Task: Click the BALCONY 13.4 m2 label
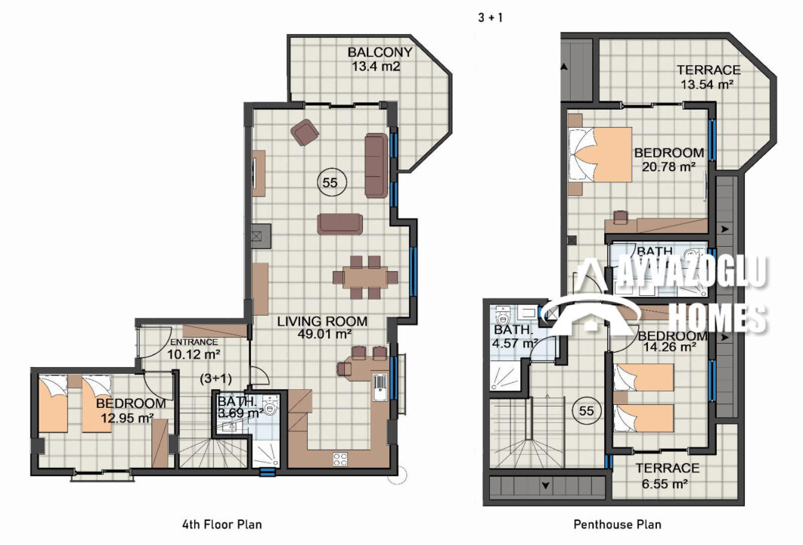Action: pyautogui.click(x=380, y=59)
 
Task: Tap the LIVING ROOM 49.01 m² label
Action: pyautogui.click(x=322, y=328)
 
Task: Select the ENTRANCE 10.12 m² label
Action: pyautogui.click(x=194, y=349)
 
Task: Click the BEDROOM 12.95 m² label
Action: pyautogui.click(x=130, y=411)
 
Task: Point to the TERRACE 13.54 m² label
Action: pyautogui.click(x=708, y=77)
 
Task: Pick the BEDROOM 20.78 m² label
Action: pyautogui.click(x=669, y=160)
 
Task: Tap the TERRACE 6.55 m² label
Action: pyautogui.click(x=667, y=476)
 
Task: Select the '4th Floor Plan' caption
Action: pyautogui.click(x=222, y=525)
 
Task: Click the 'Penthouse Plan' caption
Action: pyautogui.click(x=617, y=525)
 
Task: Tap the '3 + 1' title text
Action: pyautogui.click(x=490, y=17)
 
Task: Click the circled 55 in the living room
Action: pyautogui.click(x=330, y=182)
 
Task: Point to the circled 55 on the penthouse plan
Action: pyautogui.click(x=586, y=411)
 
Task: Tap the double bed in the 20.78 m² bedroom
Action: pyautogui.click(x=600, y=155)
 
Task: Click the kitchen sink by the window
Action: pyautogui.click(x=380, y=387)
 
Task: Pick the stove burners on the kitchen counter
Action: pyautogui.click(x=340, y=459)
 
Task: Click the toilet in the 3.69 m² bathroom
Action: pyautogui.click(x=269, y=406)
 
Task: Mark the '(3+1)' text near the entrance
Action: pyautogui.click(x=215, y=379)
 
